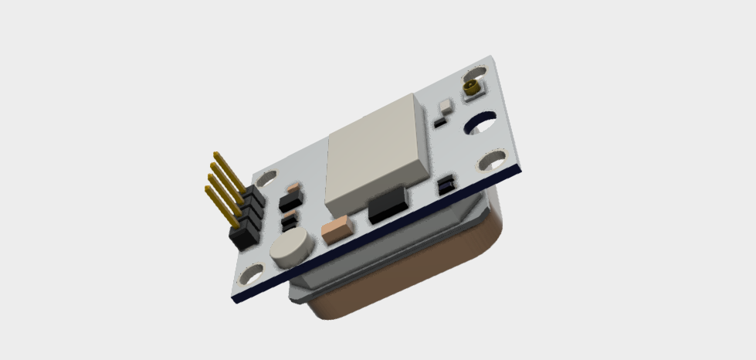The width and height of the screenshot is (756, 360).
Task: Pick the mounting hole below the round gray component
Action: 253,274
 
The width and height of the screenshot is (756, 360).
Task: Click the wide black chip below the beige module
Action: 388,206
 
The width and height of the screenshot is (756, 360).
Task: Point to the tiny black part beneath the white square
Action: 439,122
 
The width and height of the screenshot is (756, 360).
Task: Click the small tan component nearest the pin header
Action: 292,188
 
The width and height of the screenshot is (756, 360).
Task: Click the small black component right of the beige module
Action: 446,186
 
